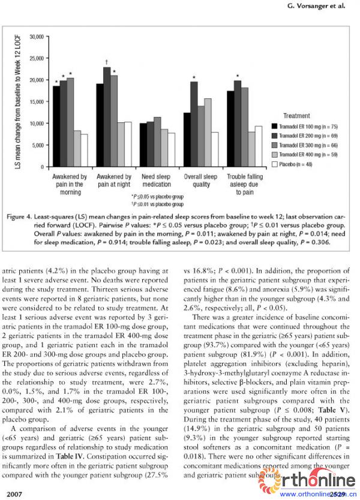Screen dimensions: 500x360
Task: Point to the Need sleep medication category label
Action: (x=157, y=180)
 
